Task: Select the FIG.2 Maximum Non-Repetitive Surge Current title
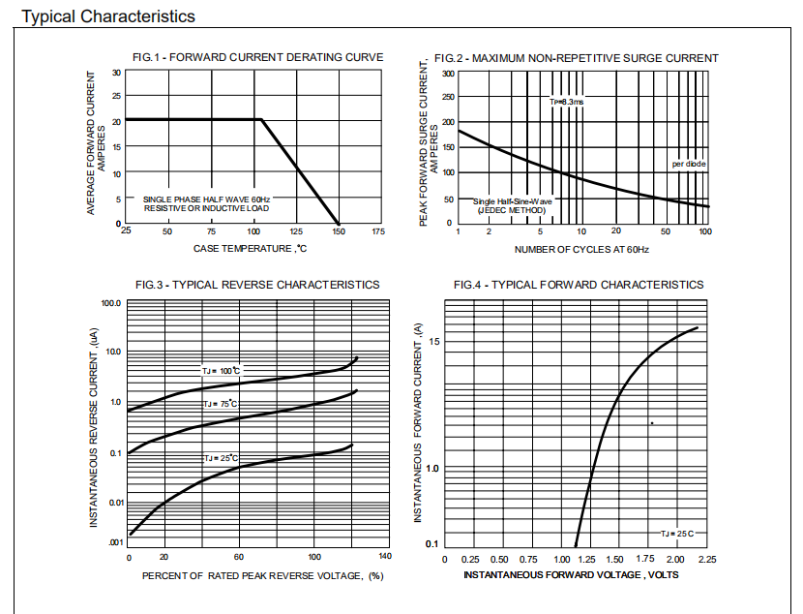(x=576, y=58)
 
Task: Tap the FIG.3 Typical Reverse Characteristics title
(x=257, y=285)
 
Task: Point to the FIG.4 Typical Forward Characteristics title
(x=579, y=285)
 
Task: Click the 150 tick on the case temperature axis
(x=338, y=231)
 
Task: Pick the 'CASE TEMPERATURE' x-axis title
(x=250, y=249)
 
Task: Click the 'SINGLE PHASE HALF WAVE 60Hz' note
(x=207, y=199)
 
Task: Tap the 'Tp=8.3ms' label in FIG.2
(x=567, y=102)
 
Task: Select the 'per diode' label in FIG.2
(x=689, y=164)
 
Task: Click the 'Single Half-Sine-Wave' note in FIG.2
(x=513, y=201)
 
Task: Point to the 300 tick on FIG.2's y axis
(x=448, y=73)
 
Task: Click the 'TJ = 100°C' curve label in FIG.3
(x=221, y=371)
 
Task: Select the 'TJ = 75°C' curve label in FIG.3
(x=220, y=404)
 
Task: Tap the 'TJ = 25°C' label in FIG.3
(x=220, y=458)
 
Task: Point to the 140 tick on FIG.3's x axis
(x=385, y=557)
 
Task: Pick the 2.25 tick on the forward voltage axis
(x=706, y=560)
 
